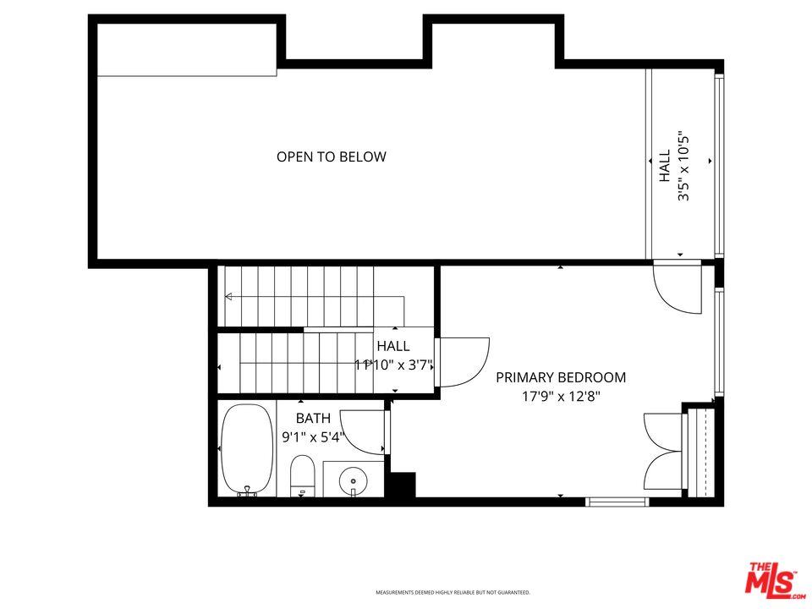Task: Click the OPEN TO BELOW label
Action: tap(331, 156)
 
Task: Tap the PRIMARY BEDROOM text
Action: tap(561, 377)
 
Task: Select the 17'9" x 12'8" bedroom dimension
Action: tap(561, 395)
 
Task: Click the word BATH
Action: tap(312, 419)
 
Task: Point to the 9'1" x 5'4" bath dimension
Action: tap(313, 437)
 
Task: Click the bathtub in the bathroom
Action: tap(246, 449)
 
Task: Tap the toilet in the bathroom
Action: tap(302, 476)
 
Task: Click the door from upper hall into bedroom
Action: tap(678, 288)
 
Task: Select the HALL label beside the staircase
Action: tap(393, 346)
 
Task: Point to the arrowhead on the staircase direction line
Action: tap(228, 296)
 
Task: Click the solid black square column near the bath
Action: tap(402, 486)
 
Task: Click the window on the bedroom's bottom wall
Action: tap(617, 502)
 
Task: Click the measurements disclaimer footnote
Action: tap(453, 593)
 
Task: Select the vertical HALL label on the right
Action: tap(665, 166)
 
